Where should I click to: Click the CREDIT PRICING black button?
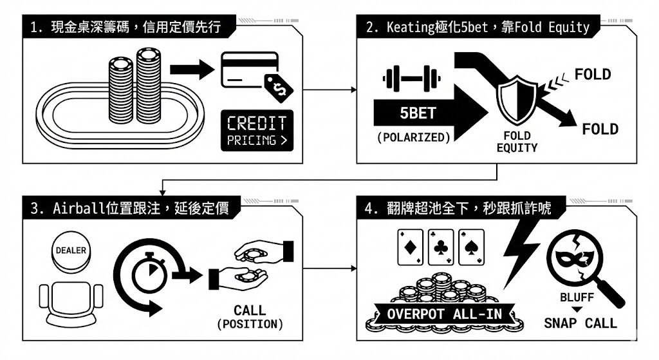point(256,131)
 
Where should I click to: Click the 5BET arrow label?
point(418,113)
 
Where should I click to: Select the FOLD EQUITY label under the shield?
point(517,142)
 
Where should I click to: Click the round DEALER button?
point(71,251)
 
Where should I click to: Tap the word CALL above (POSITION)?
point(250,310)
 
